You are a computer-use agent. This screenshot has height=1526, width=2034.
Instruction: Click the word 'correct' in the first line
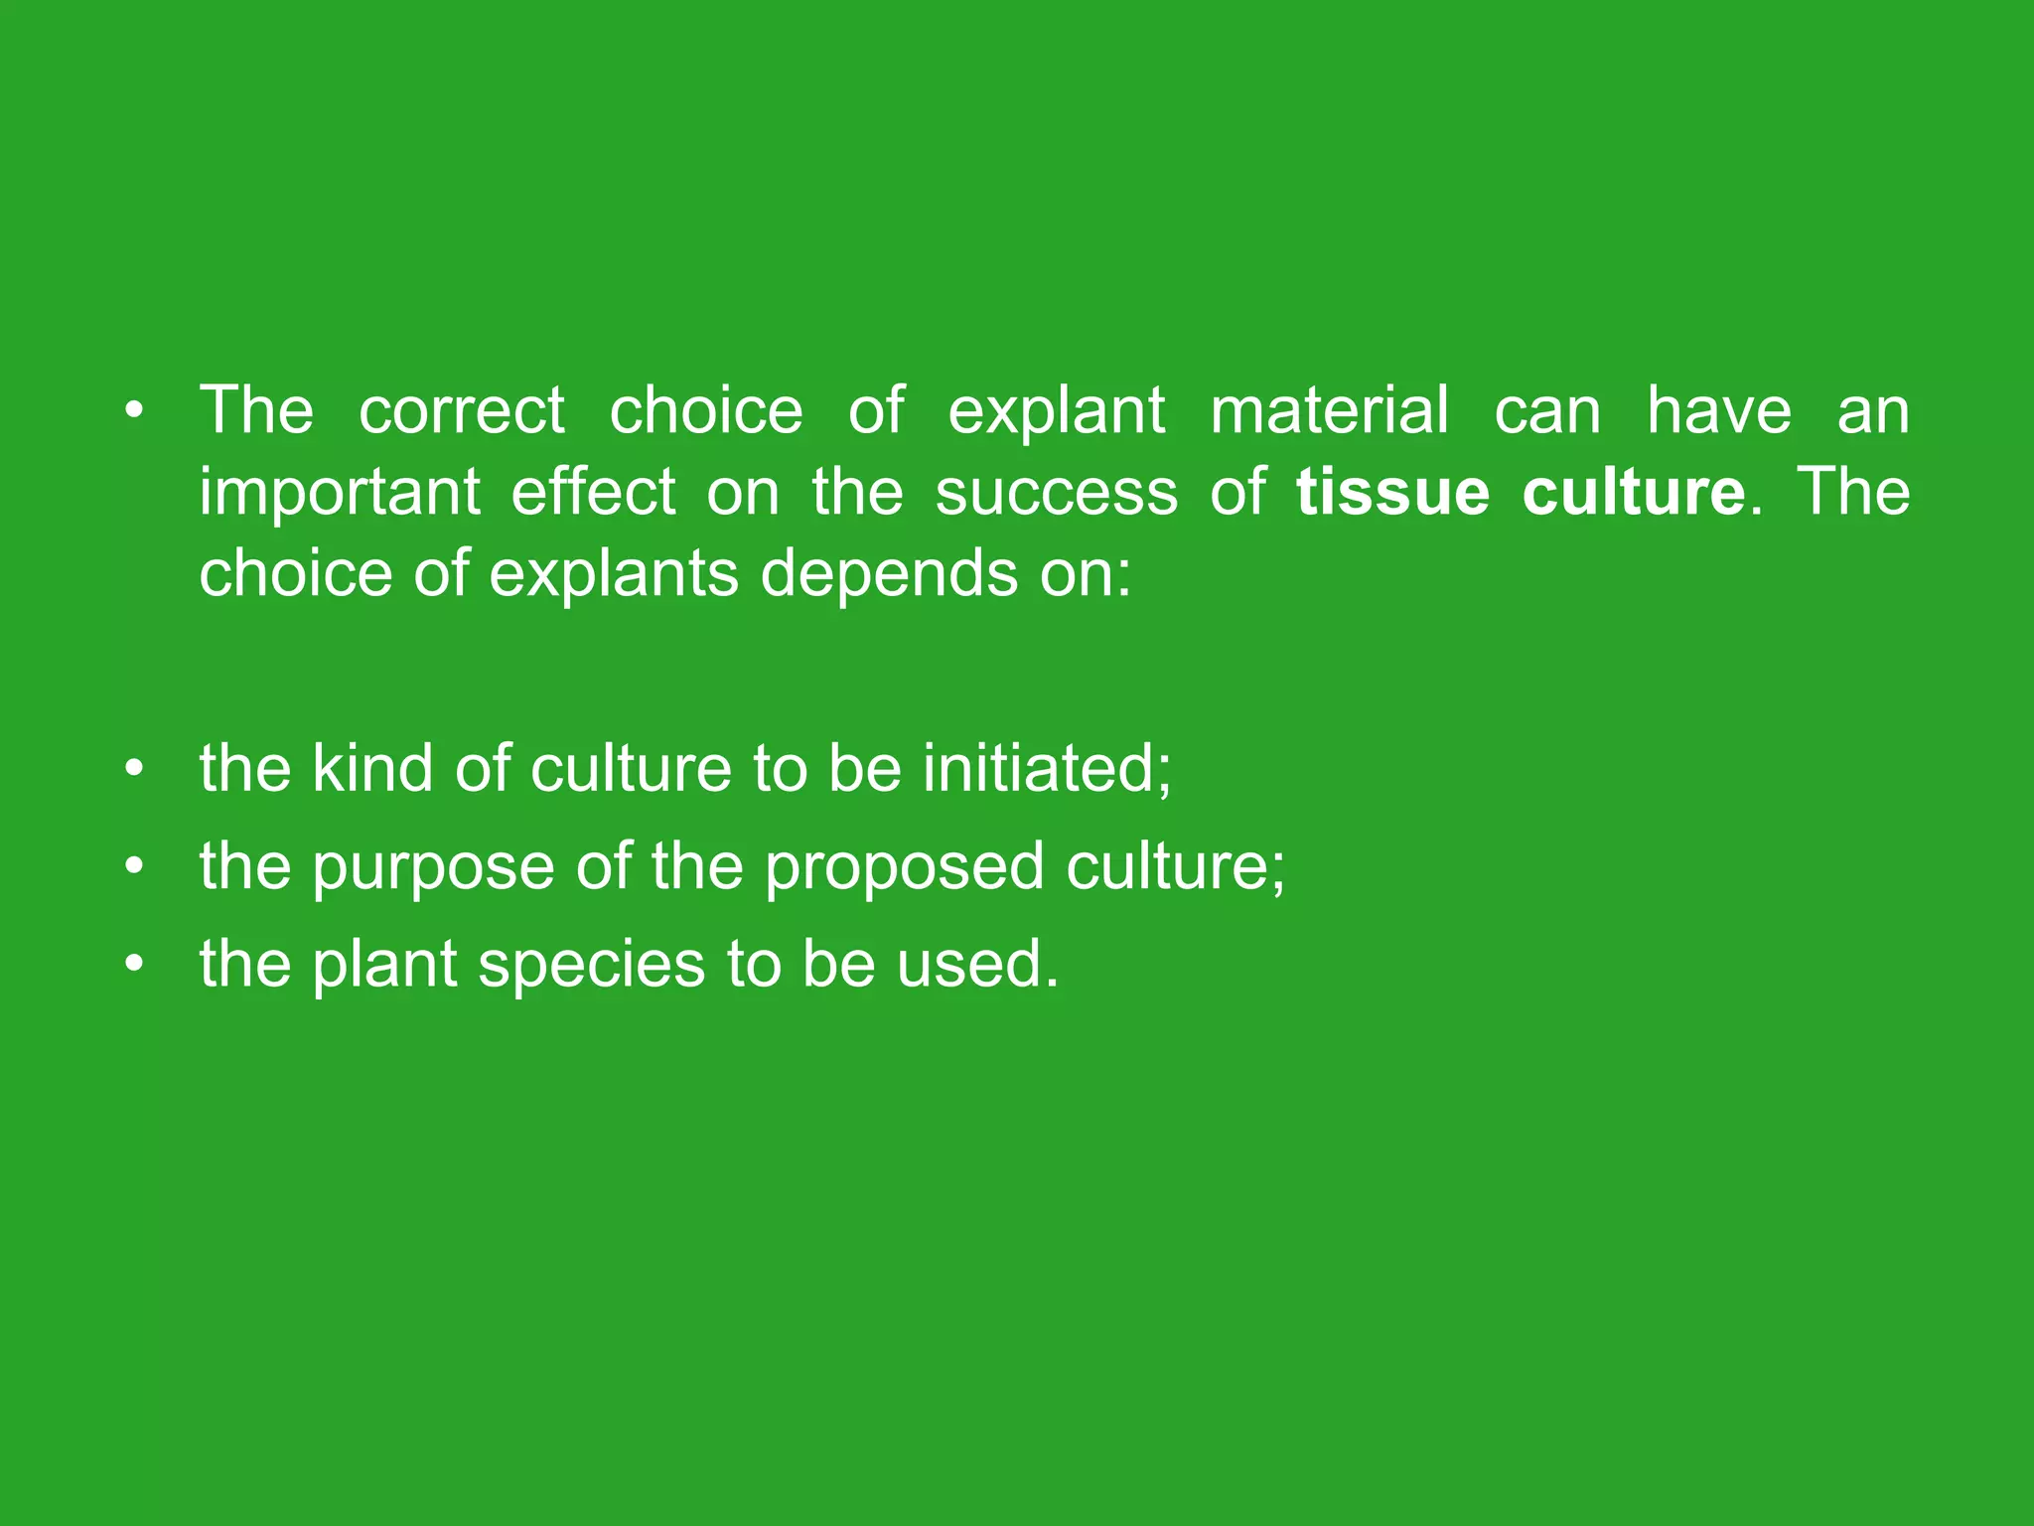pyautogui.click(x=461, y=410)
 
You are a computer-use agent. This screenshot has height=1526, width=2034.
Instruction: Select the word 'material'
pyautogui.click(x=1329, y=410)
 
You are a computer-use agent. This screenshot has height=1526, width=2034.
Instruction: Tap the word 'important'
pyautogui.click(x=340, y=493)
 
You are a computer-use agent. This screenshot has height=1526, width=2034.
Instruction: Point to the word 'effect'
pyautogui.click(x=593, y=493)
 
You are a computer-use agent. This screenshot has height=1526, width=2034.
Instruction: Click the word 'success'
pyautogui.click(x=1056, y=493)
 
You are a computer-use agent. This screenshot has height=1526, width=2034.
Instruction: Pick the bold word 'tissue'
pyautogui.click(x=1392, y=493)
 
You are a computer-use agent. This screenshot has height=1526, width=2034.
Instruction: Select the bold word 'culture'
pyautogui.click(x=1633, y=493)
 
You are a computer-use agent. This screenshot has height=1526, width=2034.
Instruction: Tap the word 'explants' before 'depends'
pyautogui.click(x=614, y=574)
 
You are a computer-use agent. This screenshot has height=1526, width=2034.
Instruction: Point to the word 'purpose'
pyautogui.click(x=433, y=866)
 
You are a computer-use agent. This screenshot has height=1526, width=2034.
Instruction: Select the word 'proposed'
pyautogui.click(x=904, y=866)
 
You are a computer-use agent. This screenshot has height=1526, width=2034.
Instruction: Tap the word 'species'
pyautogui.click(x=591, y=964)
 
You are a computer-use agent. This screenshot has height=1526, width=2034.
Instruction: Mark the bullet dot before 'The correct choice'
pyautogui.click(x=135, y=410)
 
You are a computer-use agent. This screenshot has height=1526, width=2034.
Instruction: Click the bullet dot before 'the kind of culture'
pyautogui.click(x=135, y=769)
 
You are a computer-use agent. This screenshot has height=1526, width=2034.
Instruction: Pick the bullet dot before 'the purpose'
pyautogui.click(x=135, y=866)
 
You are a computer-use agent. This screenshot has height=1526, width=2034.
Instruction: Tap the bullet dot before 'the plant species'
pyautogui.click(x=135, y=964)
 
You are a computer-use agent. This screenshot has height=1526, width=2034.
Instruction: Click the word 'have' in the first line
pyautogui.click(x=1719, y=410)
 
